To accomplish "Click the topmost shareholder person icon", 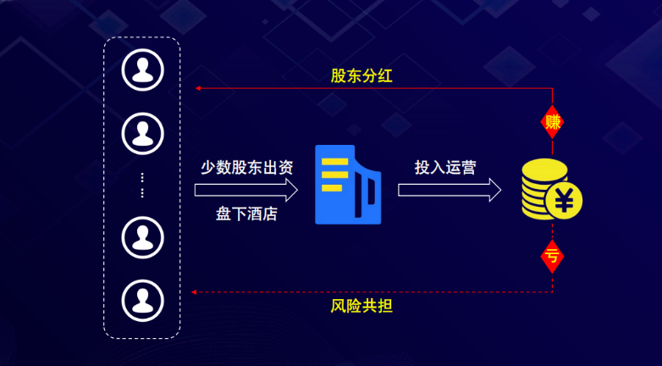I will click(142, 70).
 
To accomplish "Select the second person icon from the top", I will click(142, 132).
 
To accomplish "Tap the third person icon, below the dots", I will click(142, 237).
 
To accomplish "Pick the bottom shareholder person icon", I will click(142, 298).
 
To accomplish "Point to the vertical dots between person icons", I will click(142, 185).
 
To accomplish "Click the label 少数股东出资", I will click(246, 167).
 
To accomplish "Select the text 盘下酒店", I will click(246, 213).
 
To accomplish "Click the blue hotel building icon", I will click(347, 185).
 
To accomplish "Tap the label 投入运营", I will click(445, 167).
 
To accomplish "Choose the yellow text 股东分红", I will click(361, 75).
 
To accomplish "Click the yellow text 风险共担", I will click(361, 305).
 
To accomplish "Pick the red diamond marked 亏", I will click(553, 254).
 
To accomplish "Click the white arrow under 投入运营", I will click(450, 190).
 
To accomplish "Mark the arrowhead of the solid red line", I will click(196, 88).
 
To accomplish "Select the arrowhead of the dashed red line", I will click(195, 291).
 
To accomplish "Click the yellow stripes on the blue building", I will click(334, 175).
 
